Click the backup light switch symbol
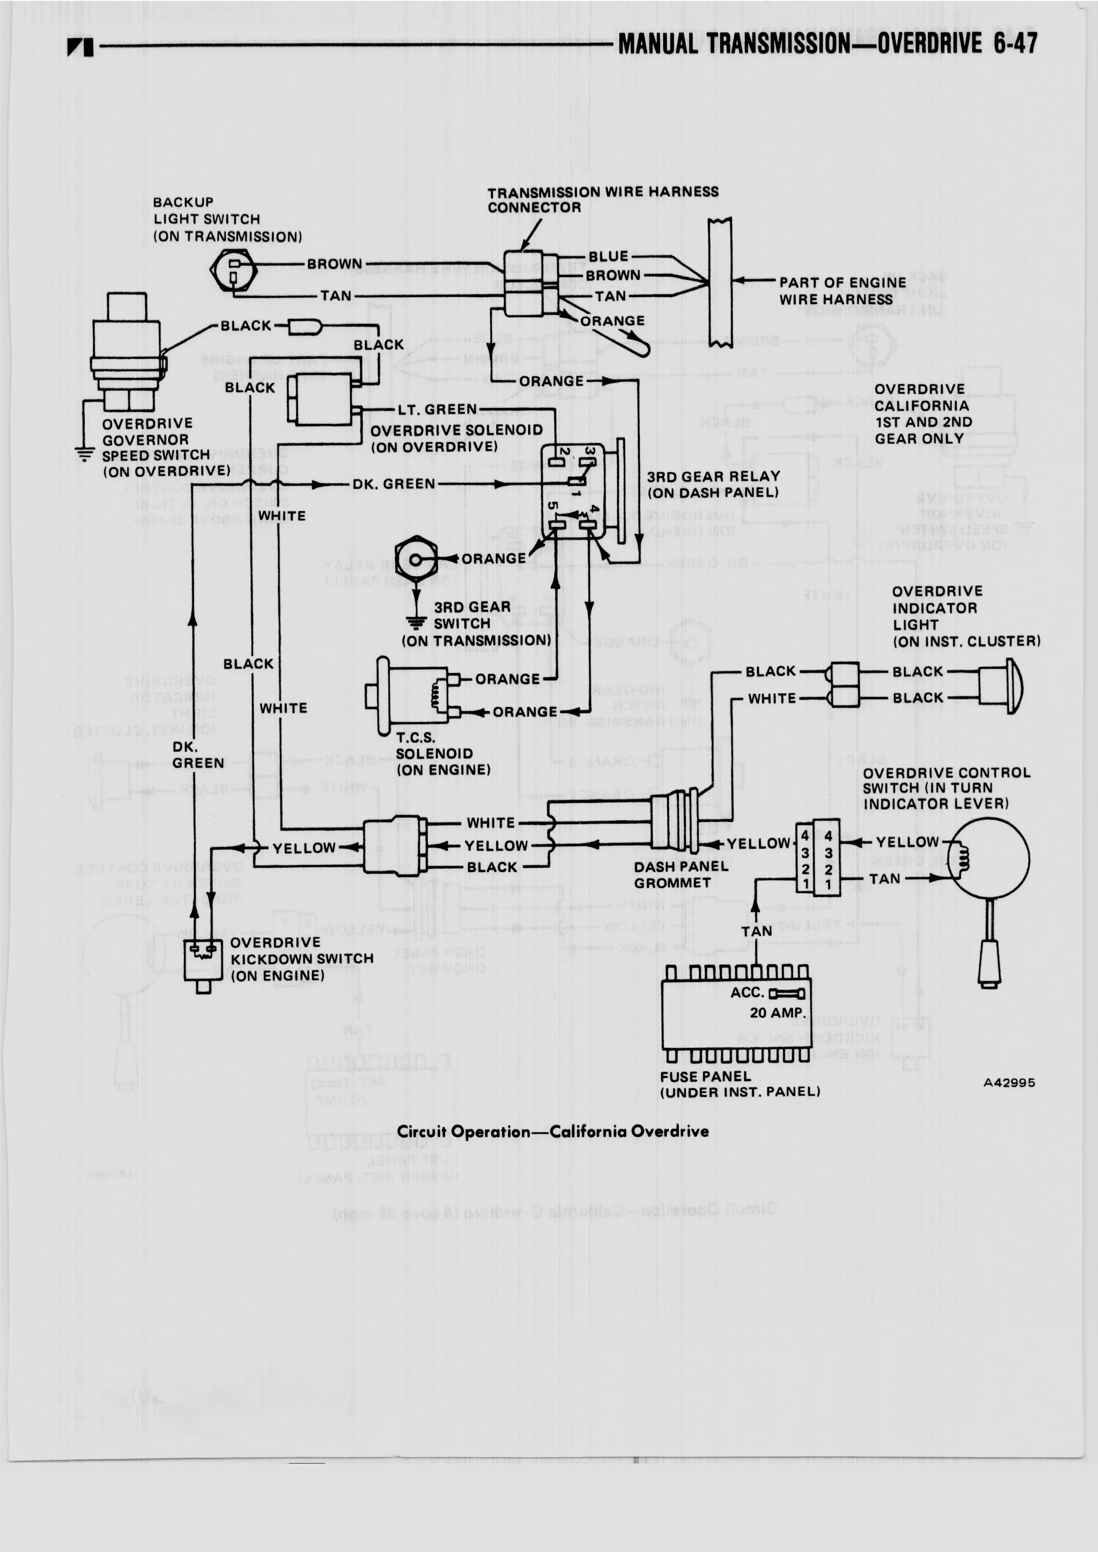pos(233,270)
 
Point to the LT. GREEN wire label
pos(437,410)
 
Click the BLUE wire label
pos(608,257)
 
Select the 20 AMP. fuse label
pos(777,1013)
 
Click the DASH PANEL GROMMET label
pos(680,874)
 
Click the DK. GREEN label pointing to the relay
pos(394,484)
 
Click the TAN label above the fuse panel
pos(756,932)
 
